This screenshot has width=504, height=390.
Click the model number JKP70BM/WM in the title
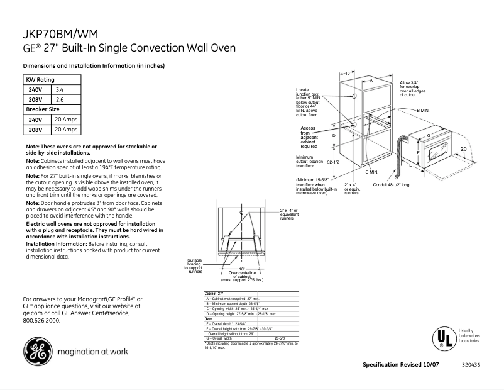click(x=60, y=34)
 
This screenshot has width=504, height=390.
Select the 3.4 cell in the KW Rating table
click(x=60, y=90)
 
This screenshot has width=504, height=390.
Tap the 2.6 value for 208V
click(x=60, y=100)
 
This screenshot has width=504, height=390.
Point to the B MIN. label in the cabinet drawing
click(x=422, y=110)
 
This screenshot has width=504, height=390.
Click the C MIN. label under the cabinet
click(x=371, y=172)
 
